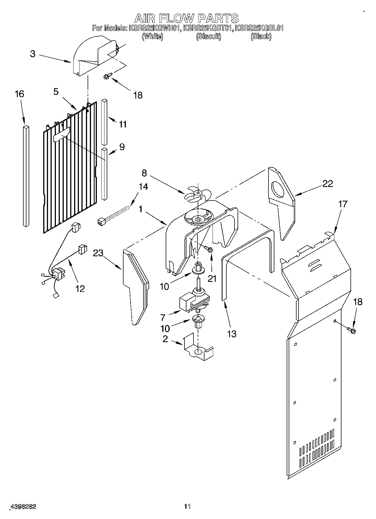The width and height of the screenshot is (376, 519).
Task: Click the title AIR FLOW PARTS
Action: [x=186, y=19]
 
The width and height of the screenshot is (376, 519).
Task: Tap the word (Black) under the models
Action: [x=261, y=36]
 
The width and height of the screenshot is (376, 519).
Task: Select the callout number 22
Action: [x=327, y=184]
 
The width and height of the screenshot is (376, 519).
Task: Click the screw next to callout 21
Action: [x=209, y=248]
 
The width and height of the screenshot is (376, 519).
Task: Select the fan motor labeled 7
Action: [x=194, y=302]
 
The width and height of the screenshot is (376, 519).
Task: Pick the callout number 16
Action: [x=19, y=94]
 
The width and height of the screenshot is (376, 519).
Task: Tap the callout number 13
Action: [x=232, y=334]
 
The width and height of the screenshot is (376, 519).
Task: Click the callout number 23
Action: [x=98, y=253]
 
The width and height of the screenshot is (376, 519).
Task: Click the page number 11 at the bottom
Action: [x=187, y=506]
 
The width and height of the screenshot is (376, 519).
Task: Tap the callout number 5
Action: [x=56, y=92]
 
